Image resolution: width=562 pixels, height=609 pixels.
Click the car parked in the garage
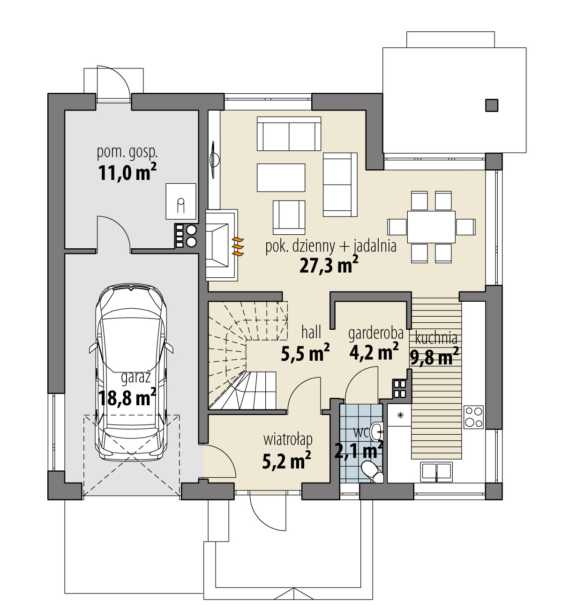(131, 372)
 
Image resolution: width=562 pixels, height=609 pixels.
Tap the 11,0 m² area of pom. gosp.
(127, 172)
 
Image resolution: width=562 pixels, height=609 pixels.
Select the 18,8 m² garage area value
(127, 397)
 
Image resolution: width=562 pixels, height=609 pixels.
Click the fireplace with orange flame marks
(222, 245)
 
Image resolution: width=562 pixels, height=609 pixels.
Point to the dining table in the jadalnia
(431, 227)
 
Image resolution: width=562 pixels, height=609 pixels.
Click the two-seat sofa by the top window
(289, 134)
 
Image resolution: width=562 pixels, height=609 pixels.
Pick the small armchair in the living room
(289, 217)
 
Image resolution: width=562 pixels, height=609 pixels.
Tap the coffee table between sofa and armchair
(281, 178)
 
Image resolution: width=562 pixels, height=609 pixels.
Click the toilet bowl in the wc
(373, 471)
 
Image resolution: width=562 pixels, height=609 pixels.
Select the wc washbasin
(376, 432)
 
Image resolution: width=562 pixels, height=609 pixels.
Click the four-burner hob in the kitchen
(473, 417)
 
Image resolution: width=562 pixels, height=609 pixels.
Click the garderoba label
(376, 334)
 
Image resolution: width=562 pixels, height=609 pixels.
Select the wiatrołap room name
(288, 439)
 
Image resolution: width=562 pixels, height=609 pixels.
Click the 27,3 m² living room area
(329, 265)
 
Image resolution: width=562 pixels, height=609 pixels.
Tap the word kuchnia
(436, 338)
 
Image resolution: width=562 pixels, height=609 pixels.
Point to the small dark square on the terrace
(491, 105)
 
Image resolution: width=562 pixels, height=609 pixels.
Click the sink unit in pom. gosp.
(181, 201)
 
